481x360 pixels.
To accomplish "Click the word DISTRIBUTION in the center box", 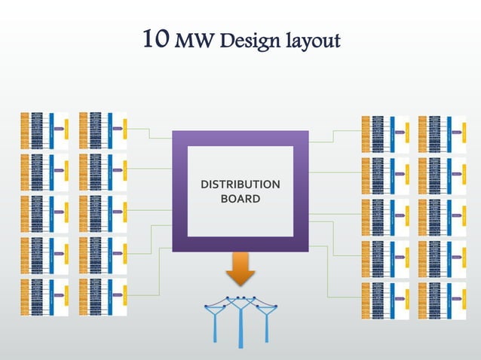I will [240, 185].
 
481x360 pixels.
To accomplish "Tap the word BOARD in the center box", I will [240, 199].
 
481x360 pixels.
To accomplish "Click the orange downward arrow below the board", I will [240, 270].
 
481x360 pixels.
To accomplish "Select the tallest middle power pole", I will [240, 324].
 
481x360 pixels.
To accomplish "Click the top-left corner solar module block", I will [44, 131].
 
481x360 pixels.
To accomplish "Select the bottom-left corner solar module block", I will [44, 297].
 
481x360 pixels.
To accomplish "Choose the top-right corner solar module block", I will [442, 134].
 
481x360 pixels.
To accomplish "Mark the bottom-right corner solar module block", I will [442, 300].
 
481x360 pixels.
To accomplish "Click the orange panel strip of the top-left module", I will [25, 131].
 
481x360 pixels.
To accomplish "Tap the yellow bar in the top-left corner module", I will [66, 131].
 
